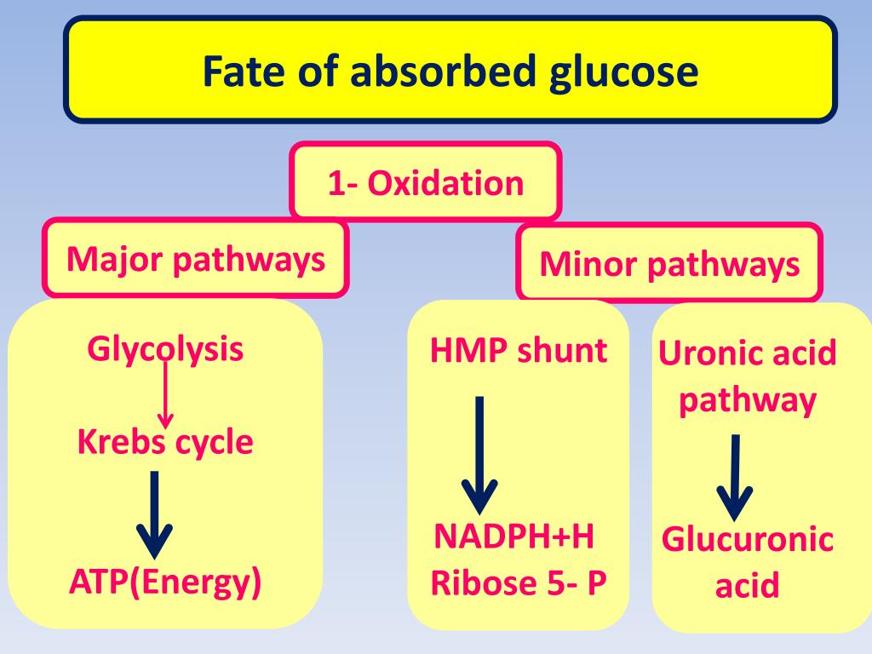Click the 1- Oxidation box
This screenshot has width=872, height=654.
[426, 183]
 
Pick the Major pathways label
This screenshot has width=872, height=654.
[196, 259]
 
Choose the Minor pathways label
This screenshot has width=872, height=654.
[669, 264]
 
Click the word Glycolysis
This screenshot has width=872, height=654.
[165, 350]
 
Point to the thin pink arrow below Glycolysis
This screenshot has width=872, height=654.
[165, 396]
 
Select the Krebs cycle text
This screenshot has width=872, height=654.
[165, 443]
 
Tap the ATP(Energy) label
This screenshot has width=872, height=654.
[165, 582]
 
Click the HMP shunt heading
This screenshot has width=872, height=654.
[519, 350]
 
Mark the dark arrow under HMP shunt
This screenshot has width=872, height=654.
[479, 456]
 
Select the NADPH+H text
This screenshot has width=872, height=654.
[514, 537]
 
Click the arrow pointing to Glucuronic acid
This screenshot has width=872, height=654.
[734, 477]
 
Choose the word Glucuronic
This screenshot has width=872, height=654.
[748, 540]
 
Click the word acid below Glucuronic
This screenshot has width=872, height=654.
[747, 586]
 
